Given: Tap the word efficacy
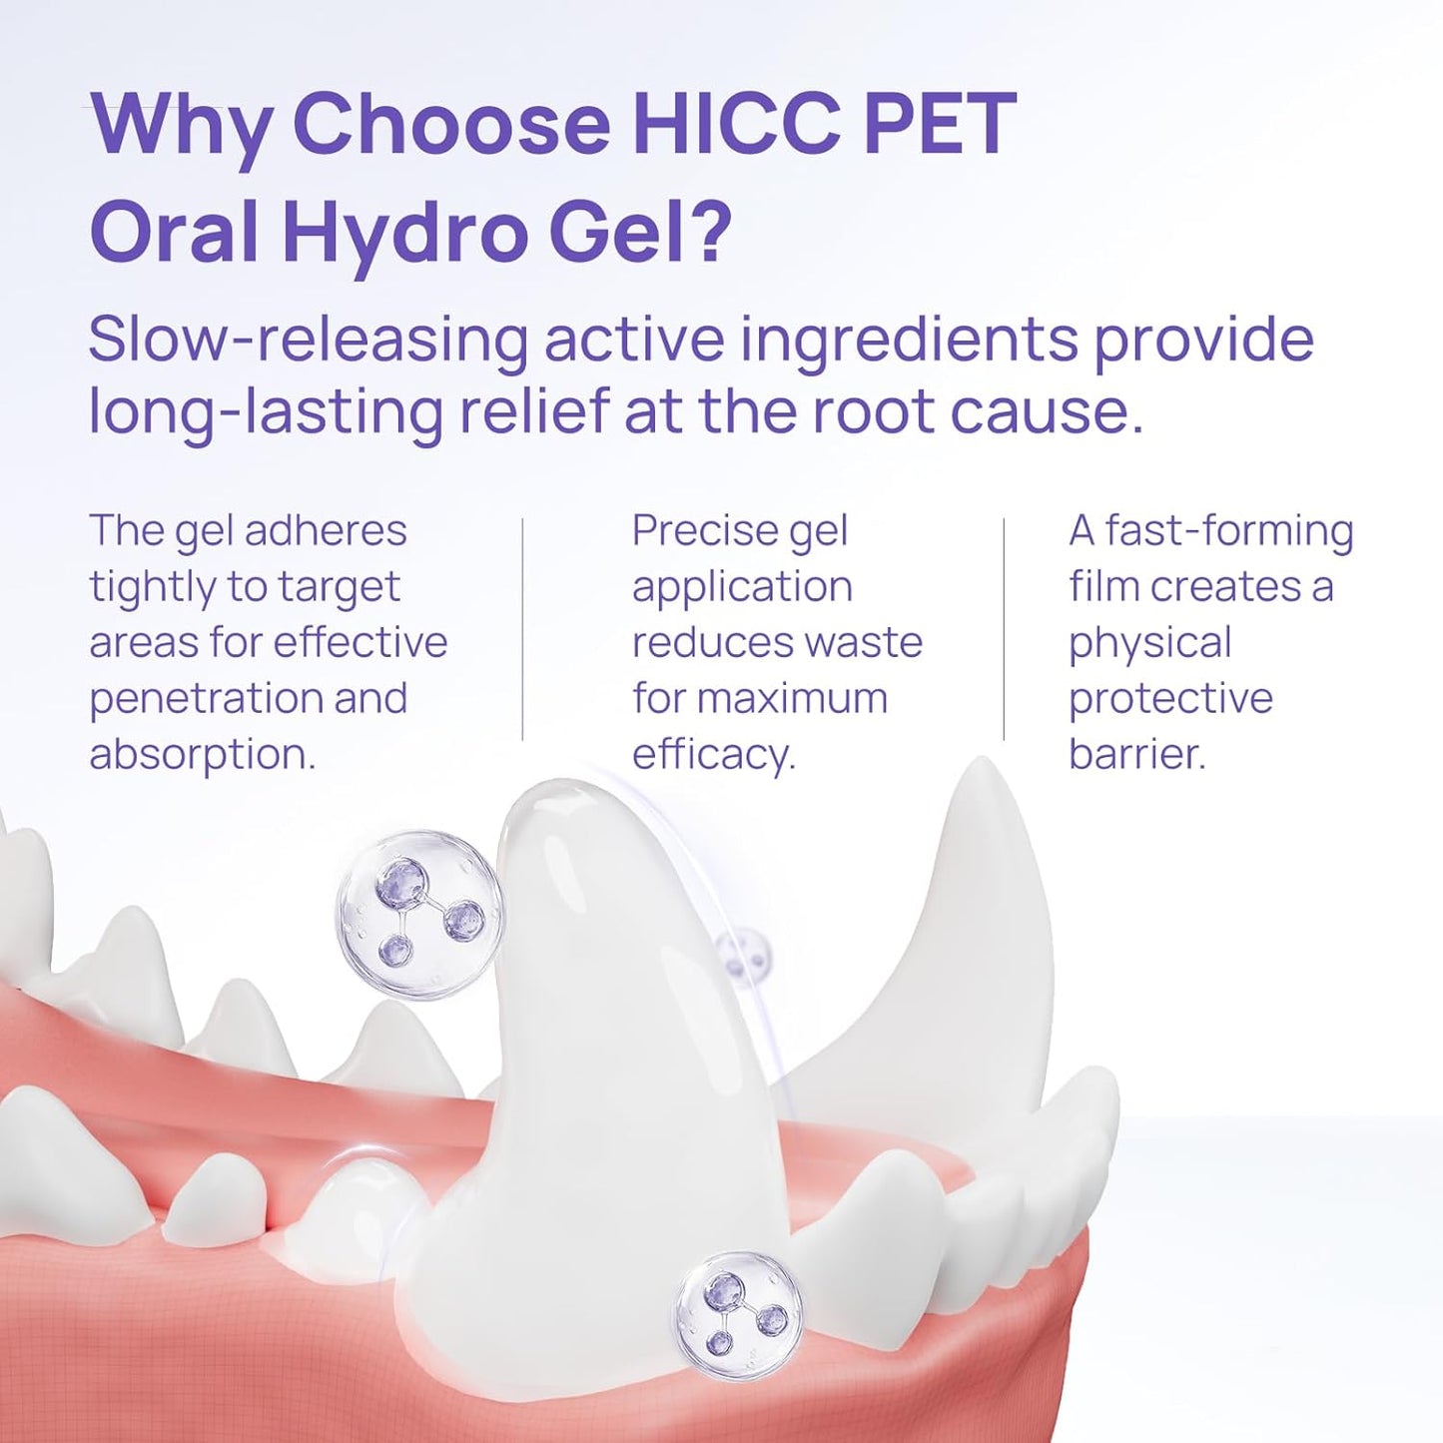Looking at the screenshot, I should pyautogui.click(x=713, y=754).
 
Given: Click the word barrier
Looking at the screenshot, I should pyautogui.click(x=1137, y=754).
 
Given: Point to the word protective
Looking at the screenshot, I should pyautogui.click(x=1170, y=698).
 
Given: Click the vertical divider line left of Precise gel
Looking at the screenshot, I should pyautogui.click(x=522, y=629).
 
